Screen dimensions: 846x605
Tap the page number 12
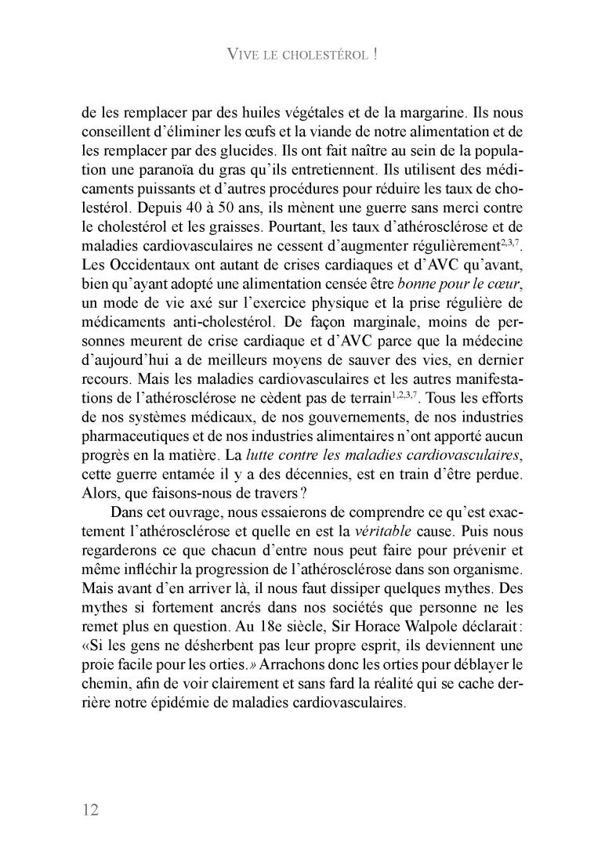tap(90, 809)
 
